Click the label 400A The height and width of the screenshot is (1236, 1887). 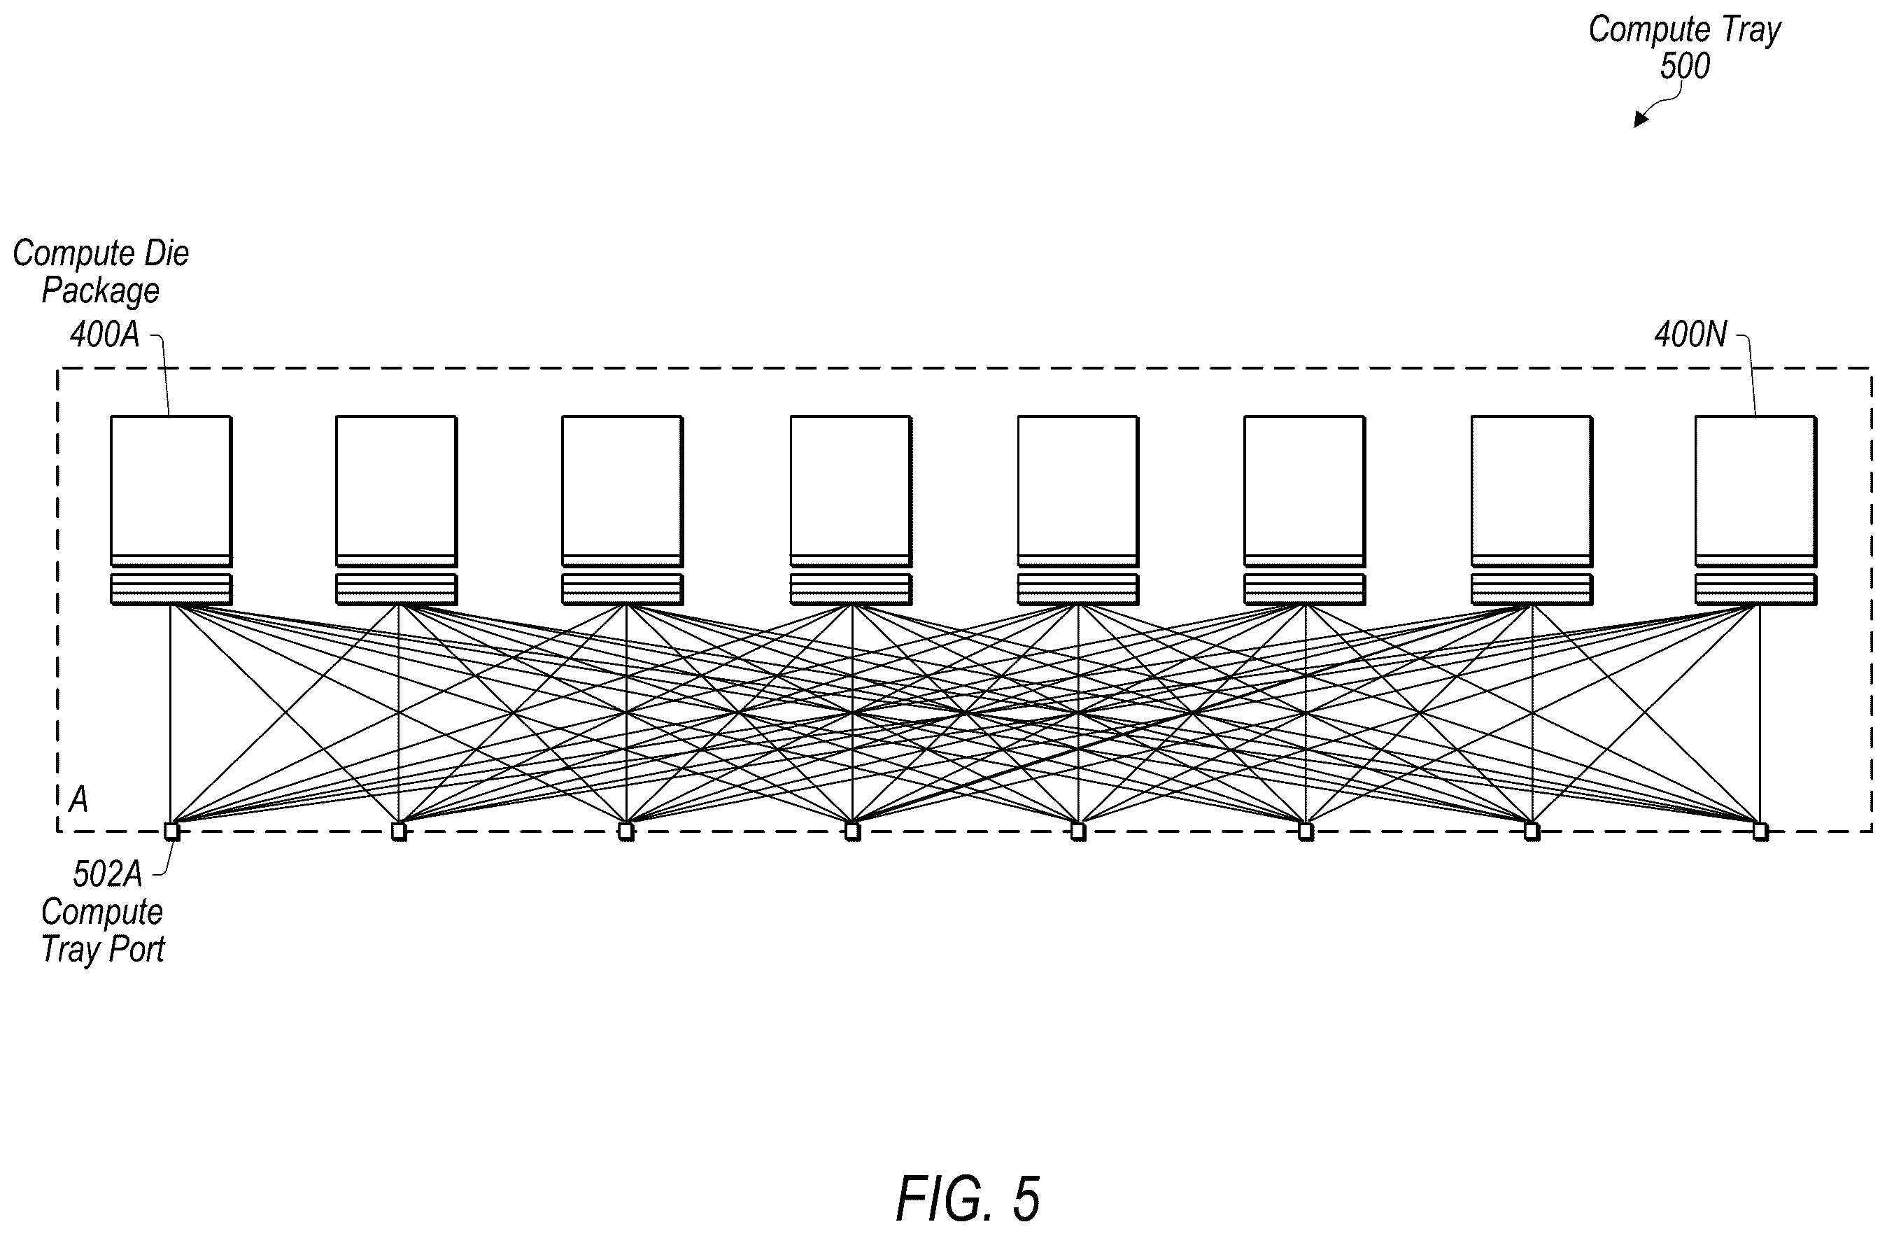pos(105,335)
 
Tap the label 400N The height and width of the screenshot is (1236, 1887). pos(1690,335)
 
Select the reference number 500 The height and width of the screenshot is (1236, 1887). pos(1685,66)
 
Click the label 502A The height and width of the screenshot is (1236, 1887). pos(108,874)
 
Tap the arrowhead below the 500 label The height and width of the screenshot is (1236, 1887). pos(1641,119)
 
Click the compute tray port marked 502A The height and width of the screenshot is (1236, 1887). pos(171,831)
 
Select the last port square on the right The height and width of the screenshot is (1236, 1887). pos(1760,831)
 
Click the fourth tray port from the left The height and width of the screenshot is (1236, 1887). pos(852,831)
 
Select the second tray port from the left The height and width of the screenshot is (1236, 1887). pos(399,831)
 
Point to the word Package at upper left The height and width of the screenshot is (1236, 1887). pos(101,290)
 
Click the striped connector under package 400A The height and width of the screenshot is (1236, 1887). pos(171,589)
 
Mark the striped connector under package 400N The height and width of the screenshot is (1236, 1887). pos(1755,589)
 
